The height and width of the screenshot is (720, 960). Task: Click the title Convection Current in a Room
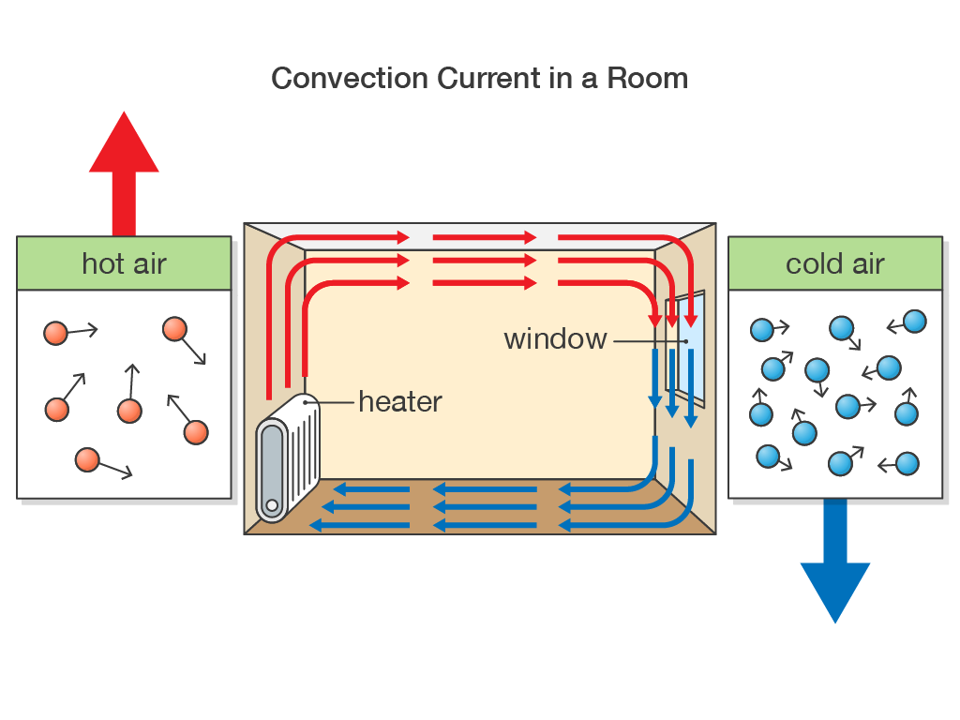point(479,78)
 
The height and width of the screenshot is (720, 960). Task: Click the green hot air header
point(124,263)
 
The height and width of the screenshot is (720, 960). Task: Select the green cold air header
point(834,263)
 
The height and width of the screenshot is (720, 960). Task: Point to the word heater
point(400,402)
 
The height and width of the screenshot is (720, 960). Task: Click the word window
point(555,338)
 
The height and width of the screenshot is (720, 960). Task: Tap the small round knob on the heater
point(272,506)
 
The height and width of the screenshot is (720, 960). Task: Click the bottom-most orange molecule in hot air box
point(87,459)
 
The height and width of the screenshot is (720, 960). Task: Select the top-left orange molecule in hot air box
point(56,333)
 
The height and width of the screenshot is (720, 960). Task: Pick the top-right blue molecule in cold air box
point(915,322)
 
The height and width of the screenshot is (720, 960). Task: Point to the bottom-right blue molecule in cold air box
point(907,463)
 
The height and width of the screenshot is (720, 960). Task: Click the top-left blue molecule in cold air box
point(762,329)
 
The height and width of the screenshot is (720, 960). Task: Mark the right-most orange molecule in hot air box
point(196,432)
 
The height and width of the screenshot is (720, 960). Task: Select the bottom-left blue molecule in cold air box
point(768,457)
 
